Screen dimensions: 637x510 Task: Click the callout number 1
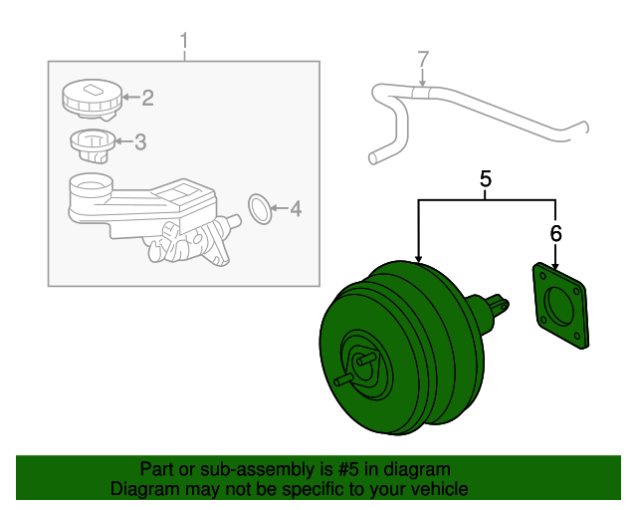184,41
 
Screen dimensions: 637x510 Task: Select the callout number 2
148,98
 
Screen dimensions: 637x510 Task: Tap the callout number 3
140,141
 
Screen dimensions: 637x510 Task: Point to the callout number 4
296,208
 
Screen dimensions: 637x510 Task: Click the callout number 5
486,179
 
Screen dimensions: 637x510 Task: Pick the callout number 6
555,233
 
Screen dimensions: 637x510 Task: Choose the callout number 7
423,60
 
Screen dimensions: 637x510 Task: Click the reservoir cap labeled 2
93,100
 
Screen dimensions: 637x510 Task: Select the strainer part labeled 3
93,146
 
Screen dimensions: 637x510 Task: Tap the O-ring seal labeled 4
260,208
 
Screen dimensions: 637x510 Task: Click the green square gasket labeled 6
560,306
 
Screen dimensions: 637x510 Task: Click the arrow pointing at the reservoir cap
130,97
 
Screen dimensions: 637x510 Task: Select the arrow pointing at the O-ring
279,208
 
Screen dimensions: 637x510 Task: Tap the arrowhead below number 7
423,83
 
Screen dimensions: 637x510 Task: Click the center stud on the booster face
364,359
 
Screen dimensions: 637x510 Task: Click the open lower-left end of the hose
372,158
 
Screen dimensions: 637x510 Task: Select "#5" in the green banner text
348,469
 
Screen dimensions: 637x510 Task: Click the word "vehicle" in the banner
441,488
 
